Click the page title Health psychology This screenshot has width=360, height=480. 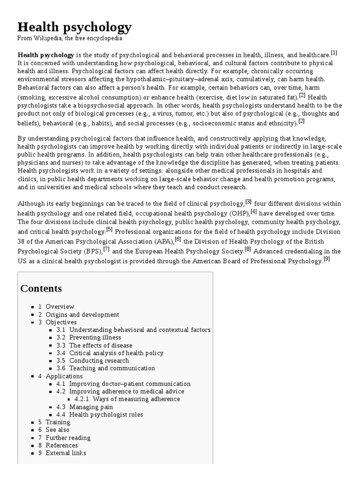(75, 27)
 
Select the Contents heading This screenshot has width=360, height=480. (41, 288)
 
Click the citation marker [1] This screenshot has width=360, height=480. (333, 52)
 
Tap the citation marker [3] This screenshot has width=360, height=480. (248, 202)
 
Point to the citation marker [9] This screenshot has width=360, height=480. (327, 258)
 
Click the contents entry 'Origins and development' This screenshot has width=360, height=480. (82, 315)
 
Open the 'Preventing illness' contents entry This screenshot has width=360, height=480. (95, 337)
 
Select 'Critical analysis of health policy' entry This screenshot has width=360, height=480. (116, 353)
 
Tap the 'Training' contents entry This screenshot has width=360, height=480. (58, 422)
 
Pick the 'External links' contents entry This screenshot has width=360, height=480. (66, 453)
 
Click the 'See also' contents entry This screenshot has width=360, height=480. (57, 430)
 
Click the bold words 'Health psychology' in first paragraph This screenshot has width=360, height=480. (45, 54)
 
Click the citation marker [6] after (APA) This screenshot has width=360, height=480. (178, 239)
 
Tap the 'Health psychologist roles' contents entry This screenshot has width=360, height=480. (106, 414)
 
